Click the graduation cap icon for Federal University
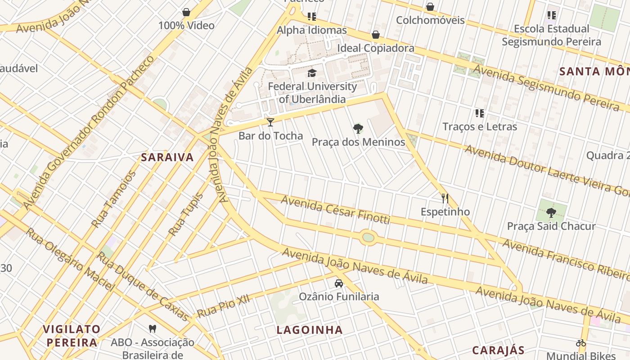312,73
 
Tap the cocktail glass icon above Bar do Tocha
270,122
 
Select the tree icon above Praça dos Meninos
358,129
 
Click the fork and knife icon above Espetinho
445,198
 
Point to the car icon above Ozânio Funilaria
339,283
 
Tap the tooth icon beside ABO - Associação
153,329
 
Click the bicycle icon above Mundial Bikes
581,342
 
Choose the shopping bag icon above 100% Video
186,12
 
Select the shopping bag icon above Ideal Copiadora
376,35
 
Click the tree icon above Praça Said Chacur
551,212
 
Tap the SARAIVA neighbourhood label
167,157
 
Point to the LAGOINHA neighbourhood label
310,330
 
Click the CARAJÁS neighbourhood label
498,350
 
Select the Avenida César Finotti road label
335,210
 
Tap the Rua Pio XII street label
223,306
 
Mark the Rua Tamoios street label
113,199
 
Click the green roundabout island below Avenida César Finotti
368,237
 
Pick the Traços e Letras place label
480,126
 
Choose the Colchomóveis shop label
430,20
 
